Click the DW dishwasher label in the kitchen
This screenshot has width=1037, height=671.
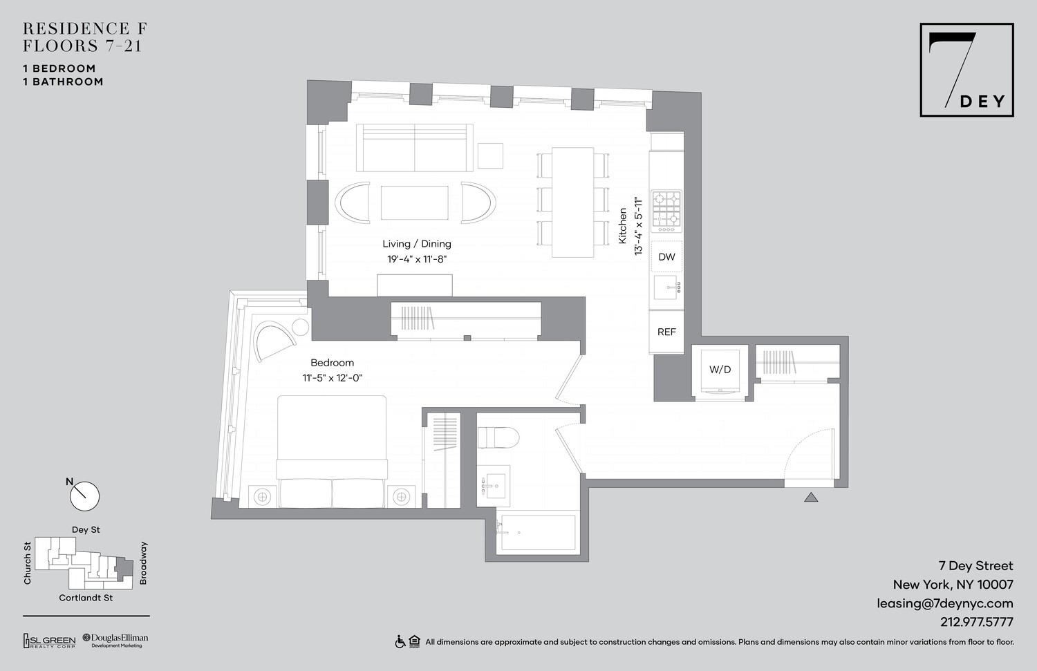(666, 257)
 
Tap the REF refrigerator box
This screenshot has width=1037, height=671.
(666, 332)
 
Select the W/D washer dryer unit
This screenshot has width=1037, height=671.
(720, 370)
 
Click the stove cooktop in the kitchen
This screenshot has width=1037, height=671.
(666, 209)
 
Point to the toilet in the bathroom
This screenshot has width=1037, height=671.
(498, 437)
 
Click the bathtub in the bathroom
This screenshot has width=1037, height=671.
(538, 533)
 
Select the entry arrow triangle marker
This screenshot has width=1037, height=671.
(811, 496)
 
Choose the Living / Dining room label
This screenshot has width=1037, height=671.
(417, 244)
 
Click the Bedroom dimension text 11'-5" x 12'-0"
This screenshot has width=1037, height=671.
(333, 378)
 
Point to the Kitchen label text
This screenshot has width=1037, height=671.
(622, 225)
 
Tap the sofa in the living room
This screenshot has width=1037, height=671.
(414, 147)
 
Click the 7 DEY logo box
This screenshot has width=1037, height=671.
(966, 70)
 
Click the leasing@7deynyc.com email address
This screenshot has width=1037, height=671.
(944, 603)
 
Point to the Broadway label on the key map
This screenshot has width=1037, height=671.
(144, 563)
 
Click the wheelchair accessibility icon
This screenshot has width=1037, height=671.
(400, 642)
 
